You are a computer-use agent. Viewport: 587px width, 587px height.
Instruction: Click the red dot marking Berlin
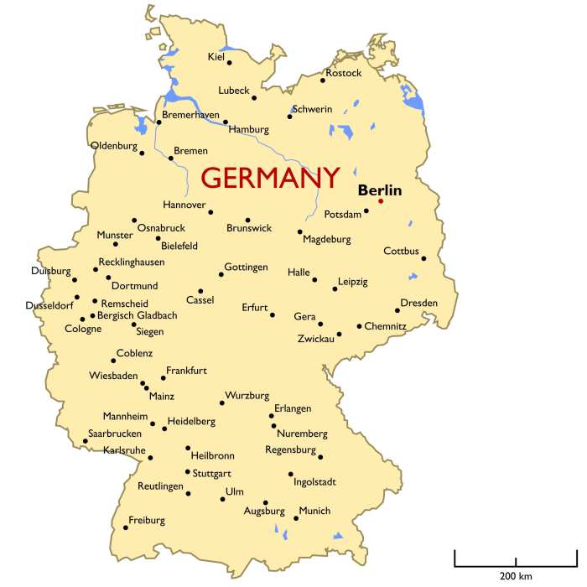tap(380, 200)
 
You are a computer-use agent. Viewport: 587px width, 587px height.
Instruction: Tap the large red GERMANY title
tap(271, 178)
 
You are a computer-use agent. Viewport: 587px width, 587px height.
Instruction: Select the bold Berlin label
tap(380, 190)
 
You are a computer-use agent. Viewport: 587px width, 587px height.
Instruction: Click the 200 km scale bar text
tap(516, 576)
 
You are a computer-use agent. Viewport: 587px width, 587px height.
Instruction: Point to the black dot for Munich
tap(296, 518)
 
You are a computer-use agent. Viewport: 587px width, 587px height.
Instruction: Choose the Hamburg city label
tap(248, 130)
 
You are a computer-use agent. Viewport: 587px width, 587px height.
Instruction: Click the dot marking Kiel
tap(230, 61)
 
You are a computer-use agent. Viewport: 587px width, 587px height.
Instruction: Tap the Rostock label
tap(344, 73)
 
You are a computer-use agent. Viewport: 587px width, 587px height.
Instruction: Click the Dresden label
tap(418, 302)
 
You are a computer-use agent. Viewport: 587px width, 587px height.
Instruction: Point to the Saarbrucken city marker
tap(85, 441)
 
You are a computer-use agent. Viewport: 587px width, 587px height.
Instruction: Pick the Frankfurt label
tap(186, 370)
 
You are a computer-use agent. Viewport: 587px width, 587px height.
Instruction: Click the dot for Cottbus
tap(423, 259)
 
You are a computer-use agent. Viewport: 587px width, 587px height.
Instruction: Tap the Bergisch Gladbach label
tap(138, 315)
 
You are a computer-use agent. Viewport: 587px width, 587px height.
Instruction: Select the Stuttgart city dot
tap(188, 471)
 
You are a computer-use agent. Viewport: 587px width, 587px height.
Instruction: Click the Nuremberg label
tap(301, 434)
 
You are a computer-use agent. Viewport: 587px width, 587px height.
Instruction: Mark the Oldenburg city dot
tap(142, 153)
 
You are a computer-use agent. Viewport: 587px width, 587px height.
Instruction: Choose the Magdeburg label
tap(326, 239)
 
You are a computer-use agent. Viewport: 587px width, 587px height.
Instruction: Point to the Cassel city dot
tap(200, 291)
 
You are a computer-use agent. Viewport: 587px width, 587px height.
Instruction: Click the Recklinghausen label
tap(132, 262)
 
